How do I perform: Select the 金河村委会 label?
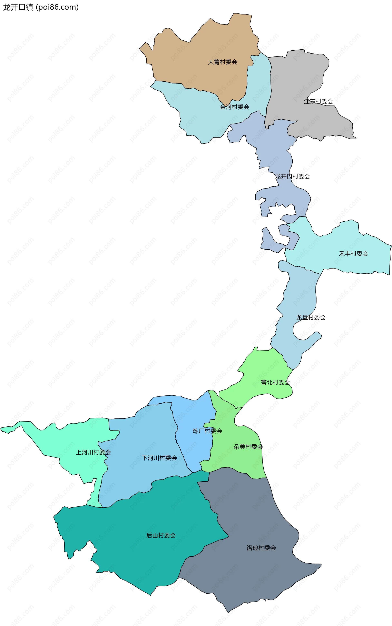[x=234, y=107]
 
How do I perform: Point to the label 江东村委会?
[x=318, y=102]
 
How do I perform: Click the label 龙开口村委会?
[x=292, y=177]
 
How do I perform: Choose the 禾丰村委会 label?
[x=353, y=254]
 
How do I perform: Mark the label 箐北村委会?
[x=275, y=382]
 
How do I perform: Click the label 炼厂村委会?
[x=207, y=431]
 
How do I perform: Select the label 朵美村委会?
[x=248, y=447]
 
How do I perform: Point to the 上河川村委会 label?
[x=93, y=452]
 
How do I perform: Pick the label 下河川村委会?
[x=159, y=458]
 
